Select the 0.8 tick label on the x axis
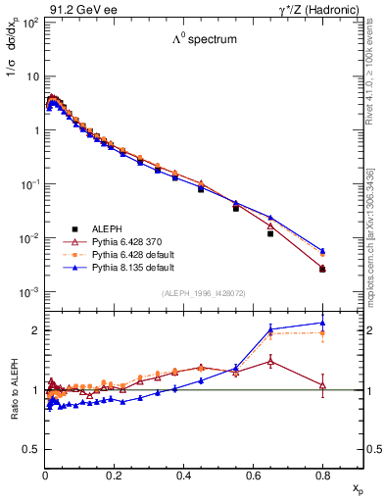(322, 477)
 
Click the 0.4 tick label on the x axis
(184, 477)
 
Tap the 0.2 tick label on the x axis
(115, 477)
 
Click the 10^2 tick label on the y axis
(29, 22)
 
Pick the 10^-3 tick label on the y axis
(29, 292)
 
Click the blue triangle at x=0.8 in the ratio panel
(322, 323)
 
